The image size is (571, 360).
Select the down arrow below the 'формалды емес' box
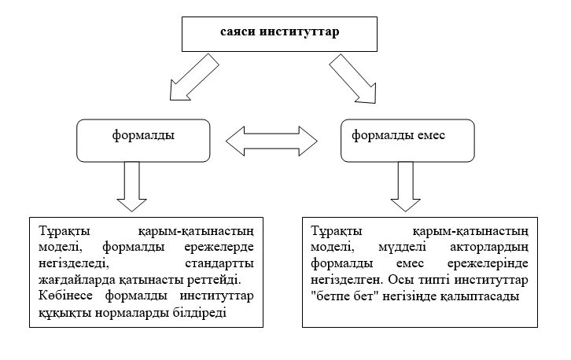[407, 187]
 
